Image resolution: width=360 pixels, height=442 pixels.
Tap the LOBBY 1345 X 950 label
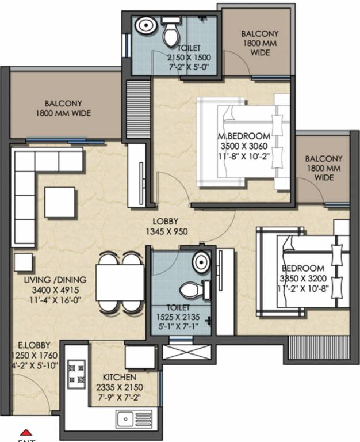165,227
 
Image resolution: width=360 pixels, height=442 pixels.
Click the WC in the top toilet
171,33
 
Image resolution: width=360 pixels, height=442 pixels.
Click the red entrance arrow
25,432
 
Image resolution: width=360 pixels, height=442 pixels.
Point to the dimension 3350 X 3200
303,279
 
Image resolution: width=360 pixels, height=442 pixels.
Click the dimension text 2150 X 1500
189,58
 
